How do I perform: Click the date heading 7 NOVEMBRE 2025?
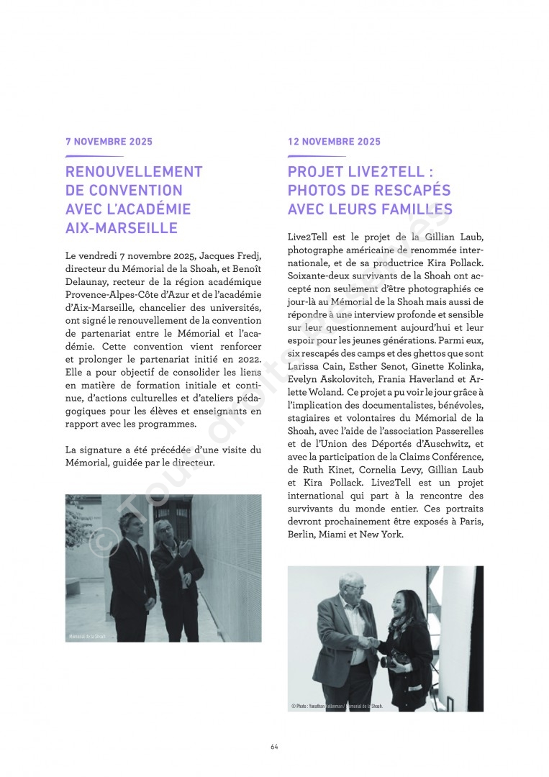[109, 142]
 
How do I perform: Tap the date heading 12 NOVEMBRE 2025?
[334, 142]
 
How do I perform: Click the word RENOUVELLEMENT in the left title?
[134, 172]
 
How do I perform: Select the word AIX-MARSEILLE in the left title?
[121, 228]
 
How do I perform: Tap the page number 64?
[274, 746]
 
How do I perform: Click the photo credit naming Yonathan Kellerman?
[337, 706]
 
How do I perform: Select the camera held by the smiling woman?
[399, 658]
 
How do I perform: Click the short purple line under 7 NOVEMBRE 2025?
[94, 155]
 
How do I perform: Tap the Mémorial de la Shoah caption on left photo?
[87, 637]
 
